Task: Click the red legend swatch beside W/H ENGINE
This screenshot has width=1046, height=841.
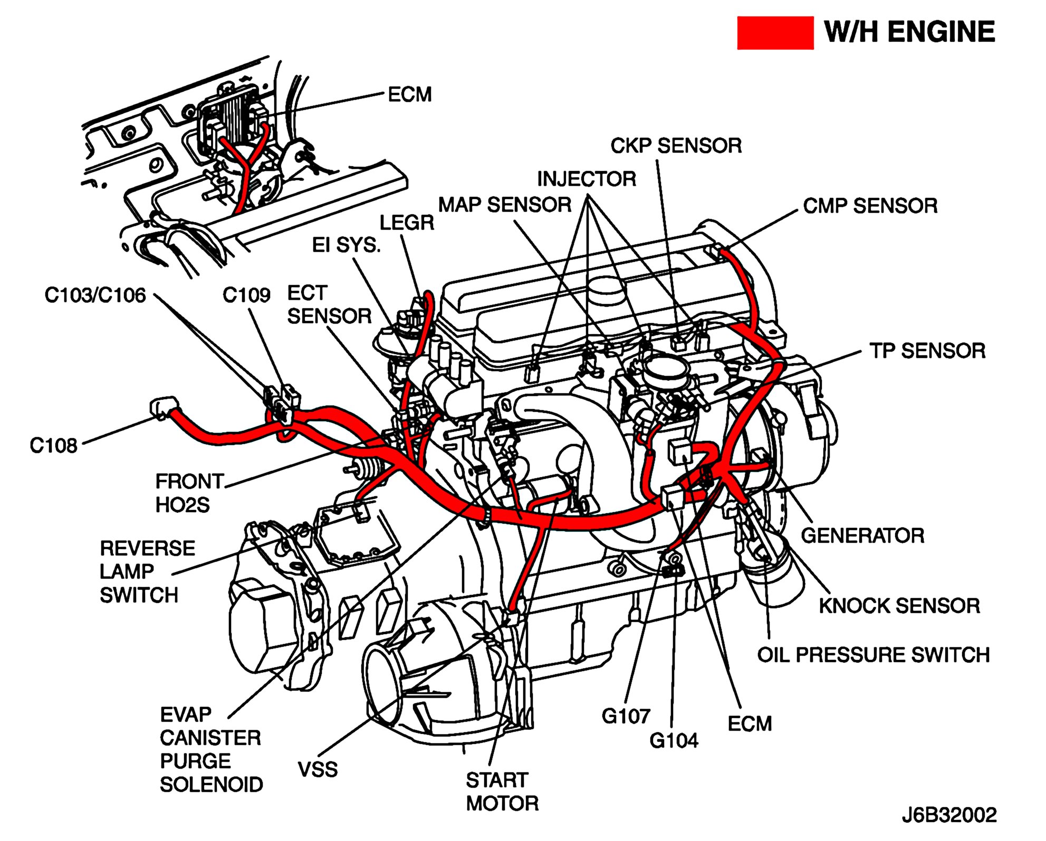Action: tap(774, 33)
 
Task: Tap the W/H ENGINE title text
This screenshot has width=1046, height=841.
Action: tap(909, 32)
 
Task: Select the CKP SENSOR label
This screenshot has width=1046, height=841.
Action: tap(676, 146)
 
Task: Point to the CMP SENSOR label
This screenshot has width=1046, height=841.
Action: tap(870, 206)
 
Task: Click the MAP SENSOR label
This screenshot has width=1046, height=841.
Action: tap(505, 205)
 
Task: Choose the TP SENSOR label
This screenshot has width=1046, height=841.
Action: tap(927, 351)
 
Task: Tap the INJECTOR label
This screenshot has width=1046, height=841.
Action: tap(587, 179)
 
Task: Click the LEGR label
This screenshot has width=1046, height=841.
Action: tap(407, 223)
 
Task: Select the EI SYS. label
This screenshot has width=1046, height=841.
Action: tap(346, 245)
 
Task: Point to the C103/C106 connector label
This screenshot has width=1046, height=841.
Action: tap(95, 295)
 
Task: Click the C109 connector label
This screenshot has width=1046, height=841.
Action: tap(246, 295)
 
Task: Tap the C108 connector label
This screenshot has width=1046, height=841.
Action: tap(53, 446)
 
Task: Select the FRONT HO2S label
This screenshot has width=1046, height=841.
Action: tap(189, 493)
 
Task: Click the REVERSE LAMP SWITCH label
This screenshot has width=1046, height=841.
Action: tap(147, 571)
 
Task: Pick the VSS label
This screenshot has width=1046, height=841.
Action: tap(318, 769)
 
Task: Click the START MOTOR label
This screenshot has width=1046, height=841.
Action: tap(502, 791)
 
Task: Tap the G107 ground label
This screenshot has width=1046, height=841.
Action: tap(626, 716)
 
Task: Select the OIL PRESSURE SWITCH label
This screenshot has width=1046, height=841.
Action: tap(873, 655)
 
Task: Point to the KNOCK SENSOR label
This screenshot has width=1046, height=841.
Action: tap(899, 606)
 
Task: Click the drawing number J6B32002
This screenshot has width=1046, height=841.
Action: tap(949, 815)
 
